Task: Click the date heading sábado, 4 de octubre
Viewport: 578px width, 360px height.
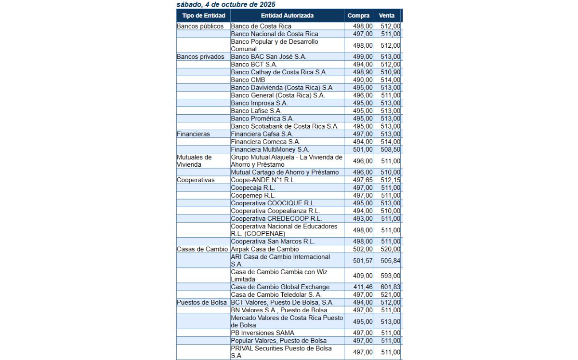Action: [x=226, y=4]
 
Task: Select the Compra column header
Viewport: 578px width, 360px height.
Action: [x=358, y=15]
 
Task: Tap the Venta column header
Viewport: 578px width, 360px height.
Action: [x=386, y=15]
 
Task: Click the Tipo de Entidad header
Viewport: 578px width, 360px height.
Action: [x=203, y=15]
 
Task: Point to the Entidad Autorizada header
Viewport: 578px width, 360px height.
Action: [x=287, y=15]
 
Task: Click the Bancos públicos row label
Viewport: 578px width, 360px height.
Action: [x=200, y=26]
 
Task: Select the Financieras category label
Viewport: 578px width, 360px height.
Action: [x=194, y=134]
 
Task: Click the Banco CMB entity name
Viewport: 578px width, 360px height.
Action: [x=247, y=80]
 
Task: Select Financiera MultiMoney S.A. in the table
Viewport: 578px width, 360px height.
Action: [x=270, y=149]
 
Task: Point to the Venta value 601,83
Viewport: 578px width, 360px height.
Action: [x=390, y=287]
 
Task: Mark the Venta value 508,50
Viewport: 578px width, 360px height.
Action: [x=390, y=149]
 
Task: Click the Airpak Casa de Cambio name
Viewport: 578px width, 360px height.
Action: [x=265, y=249]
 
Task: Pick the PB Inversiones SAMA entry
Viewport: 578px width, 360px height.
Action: [x=263, y=333]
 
